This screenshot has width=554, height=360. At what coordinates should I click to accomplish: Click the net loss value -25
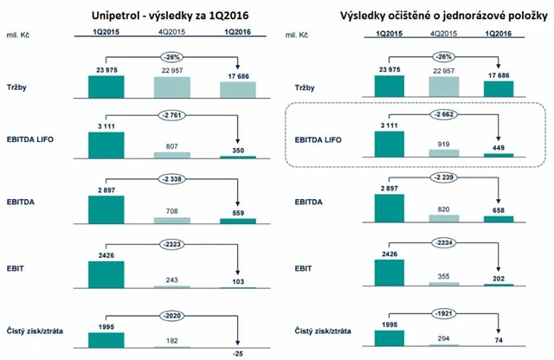coord(235,352)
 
